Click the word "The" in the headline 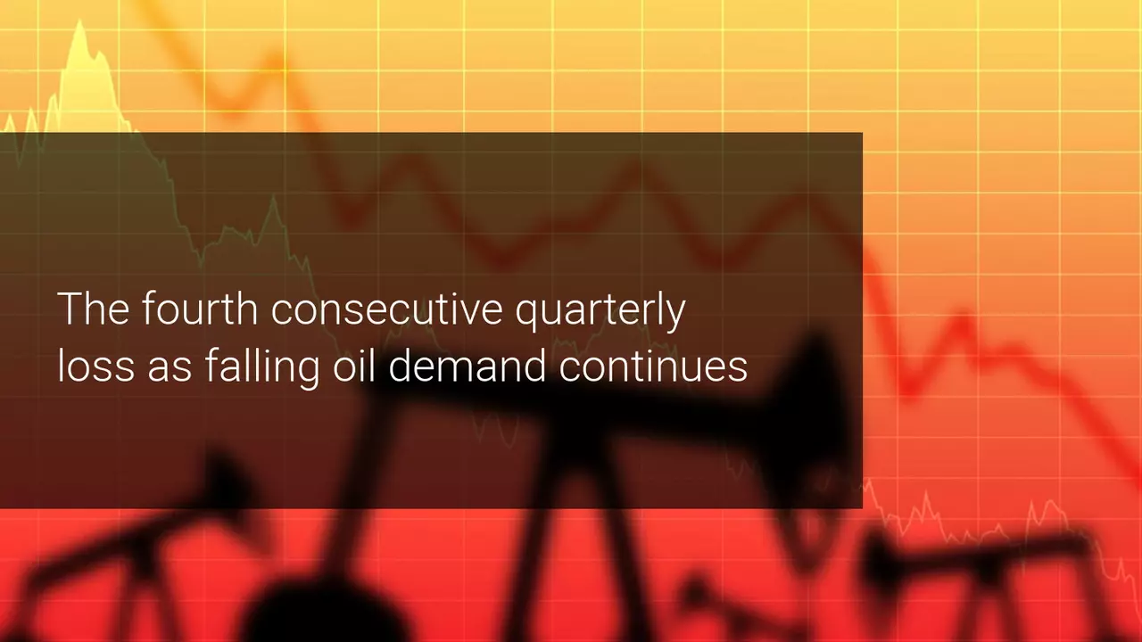94,309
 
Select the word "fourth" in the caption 200,309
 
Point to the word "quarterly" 600,312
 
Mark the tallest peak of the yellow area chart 79,21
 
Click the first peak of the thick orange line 277,60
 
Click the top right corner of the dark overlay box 863,133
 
